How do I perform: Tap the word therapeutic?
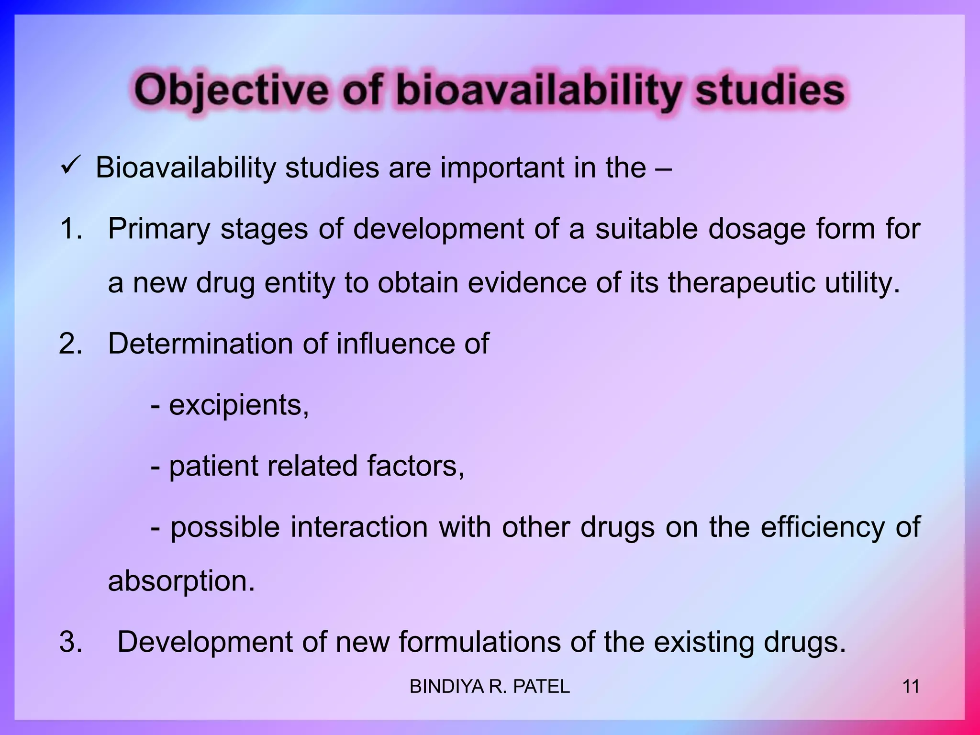[x=741, y=283]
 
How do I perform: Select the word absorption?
[x=181, y=581]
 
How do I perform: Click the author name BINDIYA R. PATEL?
[x=490, y=687]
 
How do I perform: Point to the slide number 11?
[x=911, y=687]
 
